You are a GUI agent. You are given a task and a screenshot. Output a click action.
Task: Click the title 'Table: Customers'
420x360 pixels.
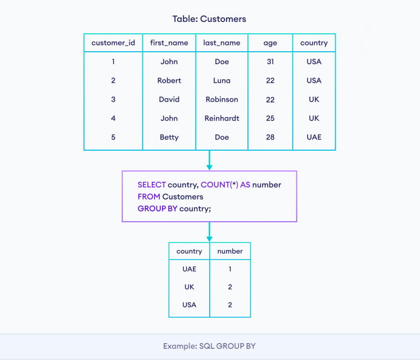(209, 19)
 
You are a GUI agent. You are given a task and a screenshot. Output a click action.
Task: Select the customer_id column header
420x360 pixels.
(113, 43)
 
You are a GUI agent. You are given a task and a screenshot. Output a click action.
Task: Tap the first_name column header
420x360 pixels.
(169, 43)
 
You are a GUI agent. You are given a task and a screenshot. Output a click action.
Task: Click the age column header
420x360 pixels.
(270, 43)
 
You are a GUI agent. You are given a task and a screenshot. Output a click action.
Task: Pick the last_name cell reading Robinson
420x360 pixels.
(222, 100)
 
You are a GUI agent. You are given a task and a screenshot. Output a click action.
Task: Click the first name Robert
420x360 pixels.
(169, 80)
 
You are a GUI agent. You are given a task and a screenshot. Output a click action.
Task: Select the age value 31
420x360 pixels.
(270, 62)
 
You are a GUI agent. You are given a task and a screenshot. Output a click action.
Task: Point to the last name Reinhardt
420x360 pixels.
(222, 118)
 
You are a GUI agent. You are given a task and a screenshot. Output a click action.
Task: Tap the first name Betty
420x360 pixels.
(169, 137)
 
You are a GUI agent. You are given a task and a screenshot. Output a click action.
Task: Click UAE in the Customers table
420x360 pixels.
(314, 137)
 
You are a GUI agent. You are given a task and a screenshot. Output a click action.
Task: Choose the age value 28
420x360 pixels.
(270, 137)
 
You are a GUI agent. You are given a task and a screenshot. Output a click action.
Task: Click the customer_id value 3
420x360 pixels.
(113, 100)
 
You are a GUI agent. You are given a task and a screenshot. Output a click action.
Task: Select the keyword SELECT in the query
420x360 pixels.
(152, 184)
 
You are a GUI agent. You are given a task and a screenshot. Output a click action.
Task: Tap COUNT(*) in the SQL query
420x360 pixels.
(219, 184)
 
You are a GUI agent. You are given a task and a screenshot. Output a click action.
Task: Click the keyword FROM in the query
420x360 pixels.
(149, 197)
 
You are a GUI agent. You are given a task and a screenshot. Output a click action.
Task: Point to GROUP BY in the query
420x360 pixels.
(157, 209)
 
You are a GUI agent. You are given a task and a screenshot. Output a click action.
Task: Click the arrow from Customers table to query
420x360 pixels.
(210, 160)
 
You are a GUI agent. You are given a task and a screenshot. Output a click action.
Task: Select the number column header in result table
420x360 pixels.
(230, 251)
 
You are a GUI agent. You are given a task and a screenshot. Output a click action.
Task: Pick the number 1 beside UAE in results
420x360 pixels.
(230, 269)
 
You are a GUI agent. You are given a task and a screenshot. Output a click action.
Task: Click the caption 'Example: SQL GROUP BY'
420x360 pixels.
(209, 346)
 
